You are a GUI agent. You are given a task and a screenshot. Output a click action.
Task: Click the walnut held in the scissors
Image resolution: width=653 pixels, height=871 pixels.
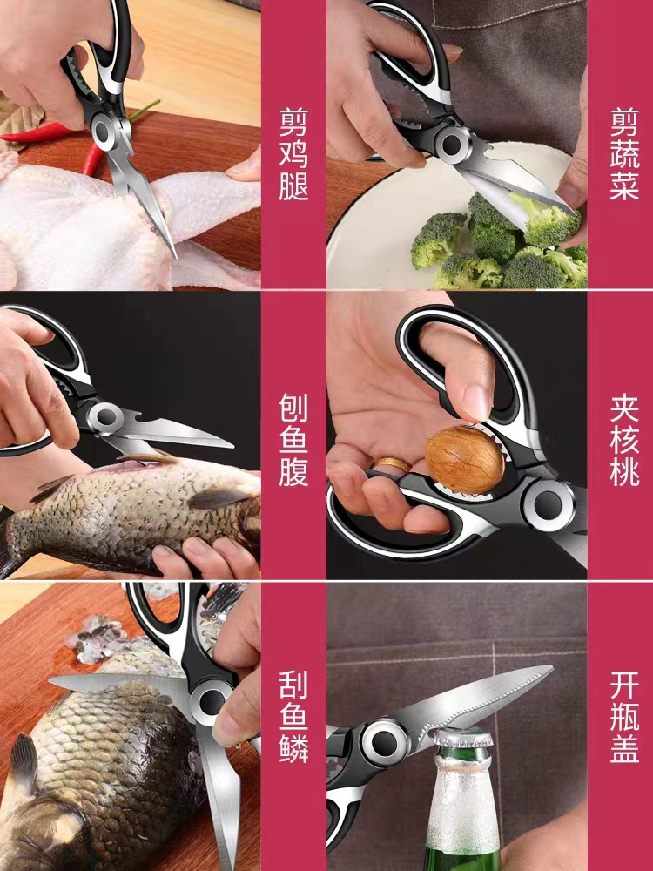coord(464,459)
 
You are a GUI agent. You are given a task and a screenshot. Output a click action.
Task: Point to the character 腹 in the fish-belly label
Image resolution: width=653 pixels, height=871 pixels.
coord(293,472)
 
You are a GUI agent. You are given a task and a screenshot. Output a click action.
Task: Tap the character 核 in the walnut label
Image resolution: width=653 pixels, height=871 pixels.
coord(624,439)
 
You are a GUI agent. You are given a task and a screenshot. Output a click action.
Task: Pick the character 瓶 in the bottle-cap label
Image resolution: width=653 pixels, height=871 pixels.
coord(624,717)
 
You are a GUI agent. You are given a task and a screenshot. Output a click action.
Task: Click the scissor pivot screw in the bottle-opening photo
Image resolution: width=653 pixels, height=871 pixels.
coord(384,741)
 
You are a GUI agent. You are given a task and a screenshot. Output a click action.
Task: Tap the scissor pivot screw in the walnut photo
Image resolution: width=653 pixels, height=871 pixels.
coord(549,503)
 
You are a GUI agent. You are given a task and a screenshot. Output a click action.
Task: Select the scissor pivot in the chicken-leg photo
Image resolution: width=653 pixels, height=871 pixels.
coord(102,132)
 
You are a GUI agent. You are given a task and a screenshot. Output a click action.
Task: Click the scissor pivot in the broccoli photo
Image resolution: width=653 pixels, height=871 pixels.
coord(452,145)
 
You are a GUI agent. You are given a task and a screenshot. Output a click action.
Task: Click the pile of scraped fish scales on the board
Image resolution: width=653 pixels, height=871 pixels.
coord(99,638)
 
